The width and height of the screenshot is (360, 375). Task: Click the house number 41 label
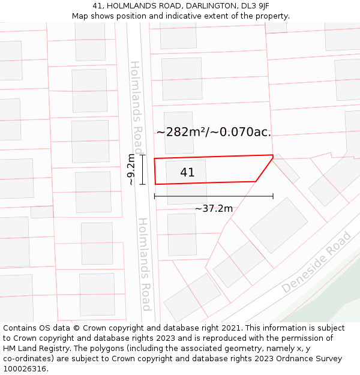coord(187,172)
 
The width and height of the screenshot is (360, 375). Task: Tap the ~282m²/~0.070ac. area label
coord(214,132)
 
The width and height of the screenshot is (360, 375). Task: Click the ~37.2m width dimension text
coord(214,208)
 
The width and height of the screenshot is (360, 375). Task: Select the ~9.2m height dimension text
coord(131,170)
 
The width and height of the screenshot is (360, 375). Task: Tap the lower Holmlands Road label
coord(144,264)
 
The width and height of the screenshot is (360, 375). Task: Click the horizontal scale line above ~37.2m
coord(214,196)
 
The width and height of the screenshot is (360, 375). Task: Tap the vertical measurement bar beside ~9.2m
coord(142,170)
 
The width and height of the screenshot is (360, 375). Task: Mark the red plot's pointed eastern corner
coord(273,157)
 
